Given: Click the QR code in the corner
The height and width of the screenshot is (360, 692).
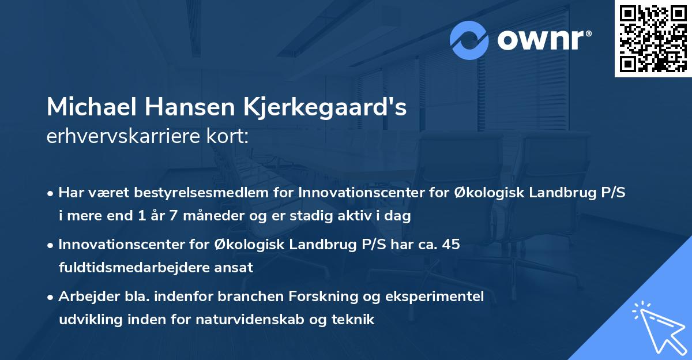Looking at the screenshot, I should click(653, 39).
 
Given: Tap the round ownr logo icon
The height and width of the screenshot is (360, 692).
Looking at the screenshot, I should click(469, 40).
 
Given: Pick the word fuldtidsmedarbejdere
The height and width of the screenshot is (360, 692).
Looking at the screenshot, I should click(123, 267).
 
